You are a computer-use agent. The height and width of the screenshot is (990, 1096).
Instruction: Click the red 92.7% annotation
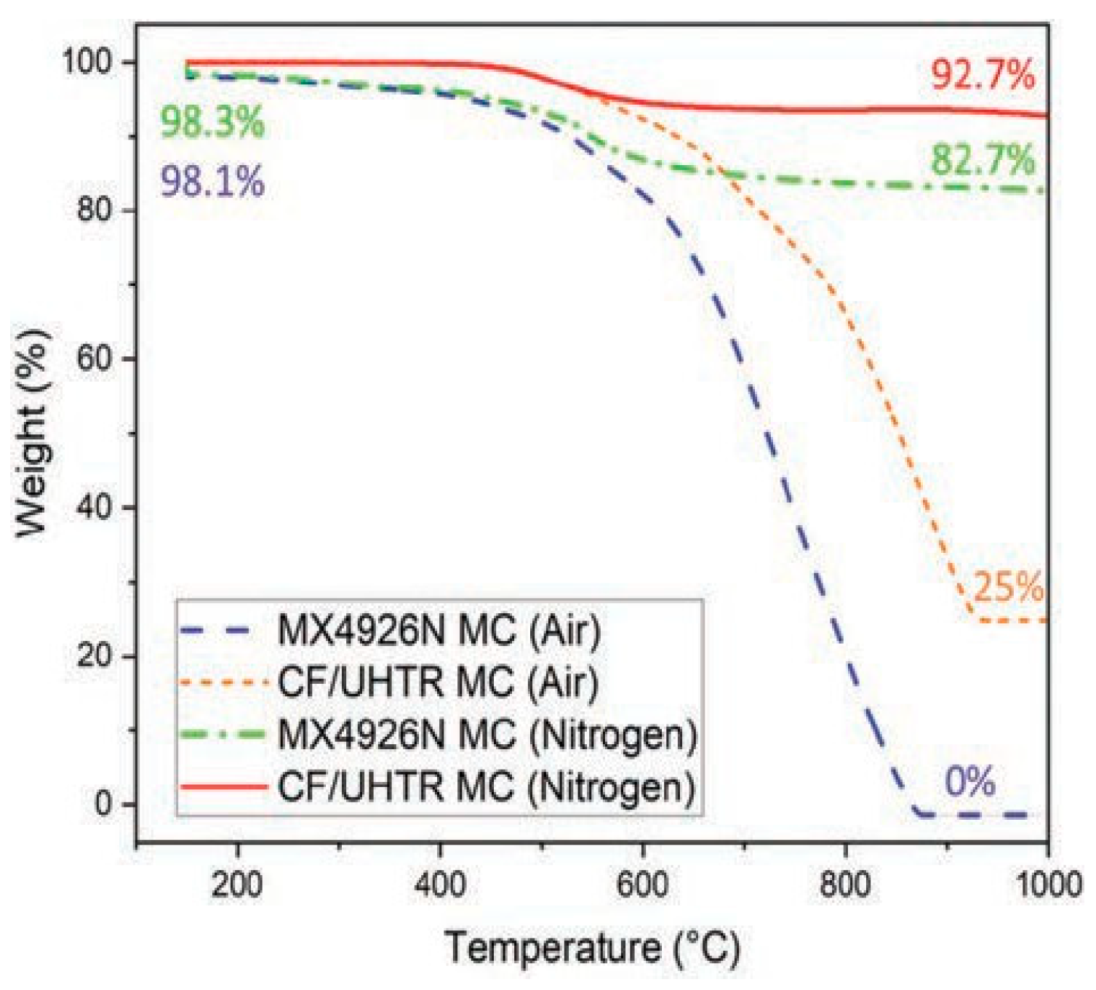click(x=983, y=75)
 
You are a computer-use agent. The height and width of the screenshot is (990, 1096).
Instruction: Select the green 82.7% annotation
click(x=983, y=160)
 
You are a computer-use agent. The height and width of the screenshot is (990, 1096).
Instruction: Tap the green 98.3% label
click(x=212, y=122)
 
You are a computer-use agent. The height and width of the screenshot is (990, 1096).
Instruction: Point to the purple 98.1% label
click(x=212, y=181)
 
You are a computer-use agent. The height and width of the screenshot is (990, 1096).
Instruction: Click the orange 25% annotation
click(x=1008, y=587)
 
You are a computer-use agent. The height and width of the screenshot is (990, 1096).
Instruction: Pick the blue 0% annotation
click(x=969, y=783)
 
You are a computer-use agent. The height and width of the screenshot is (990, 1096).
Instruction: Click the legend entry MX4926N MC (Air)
click(x=439, y=630)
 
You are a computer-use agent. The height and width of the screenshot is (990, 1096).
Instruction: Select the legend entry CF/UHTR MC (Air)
click(x=438, y=682)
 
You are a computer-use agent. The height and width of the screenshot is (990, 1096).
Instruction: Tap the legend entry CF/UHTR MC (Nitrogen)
click(x=487, y=787)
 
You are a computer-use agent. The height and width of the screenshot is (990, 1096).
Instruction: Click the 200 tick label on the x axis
click(x=237, y=885)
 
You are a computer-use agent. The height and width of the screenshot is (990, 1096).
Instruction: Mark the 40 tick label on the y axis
click(x=97, y=507)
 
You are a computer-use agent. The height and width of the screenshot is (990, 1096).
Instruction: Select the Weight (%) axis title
click(x=32, y=434)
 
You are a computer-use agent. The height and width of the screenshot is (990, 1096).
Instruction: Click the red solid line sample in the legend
click(x=223, y=787)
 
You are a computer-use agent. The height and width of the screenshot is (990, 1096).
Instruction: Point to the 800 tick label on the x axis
click(x=845, y=885)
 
